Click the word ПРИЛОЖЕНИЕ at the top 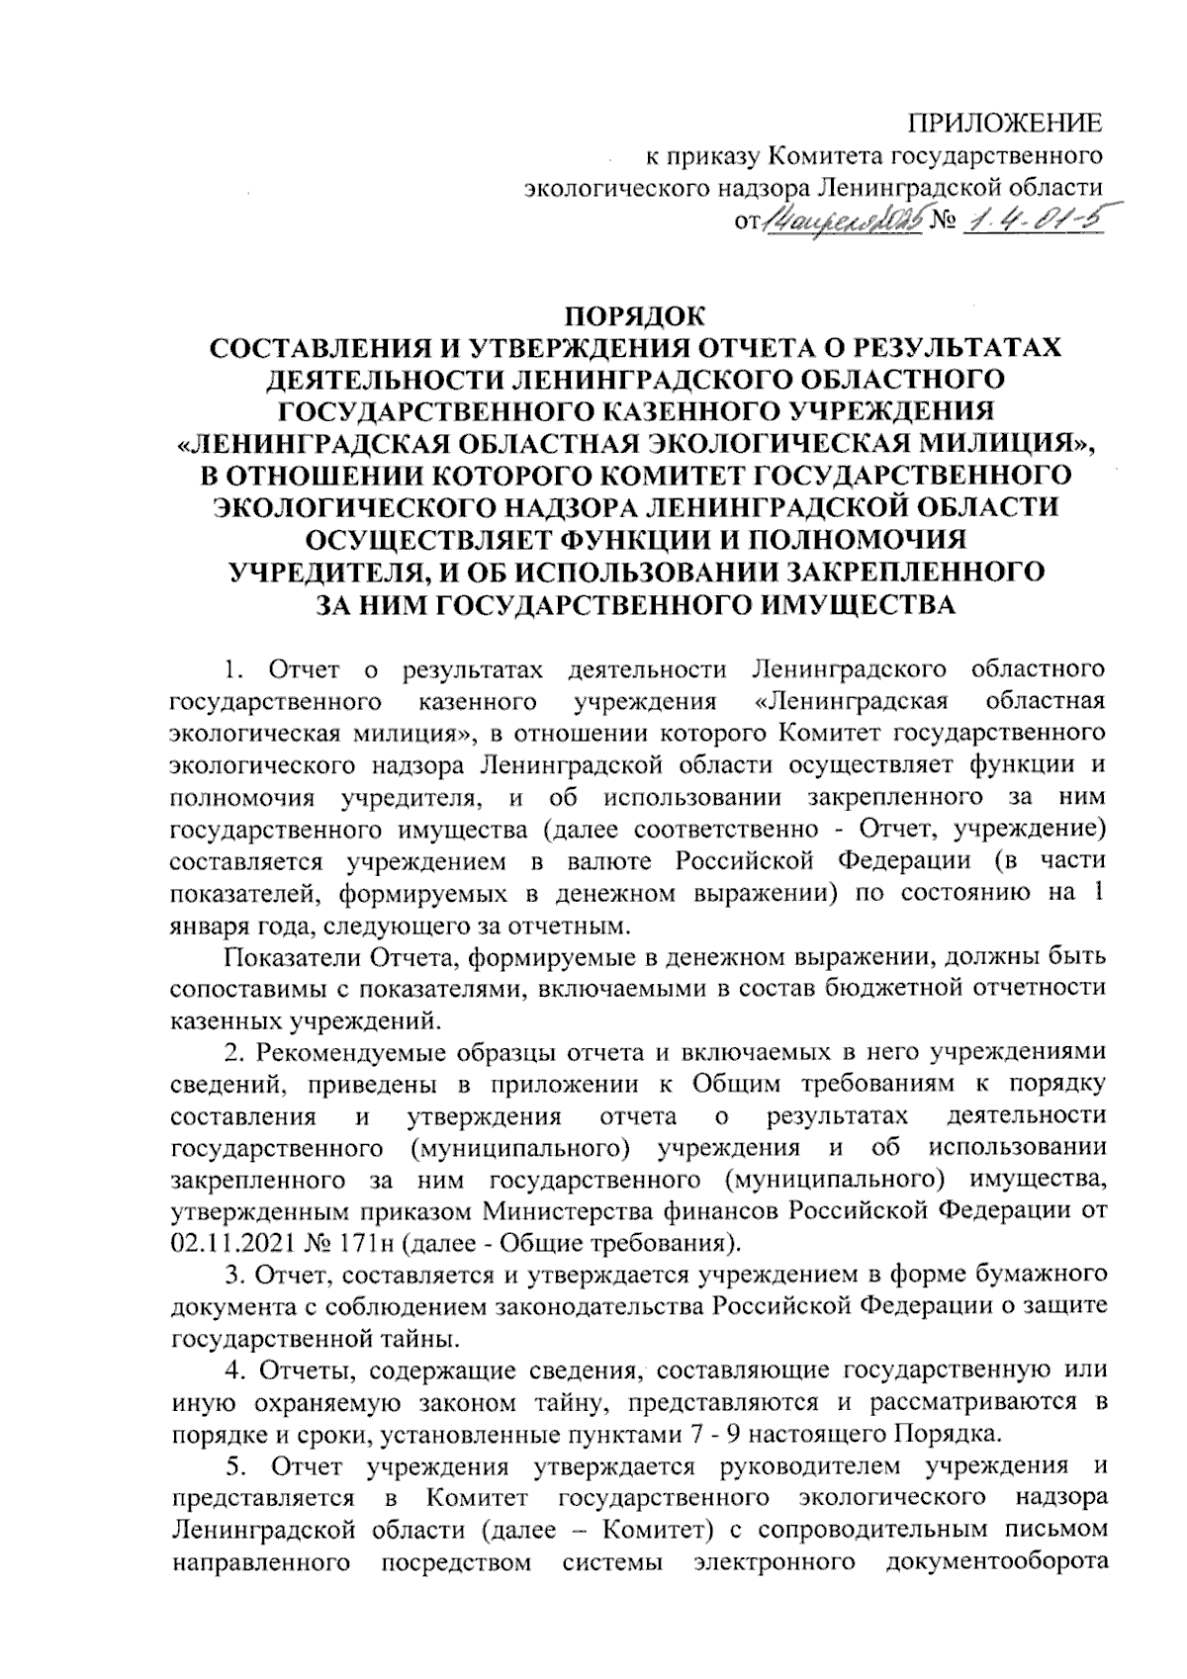pyautogui.click(x=1005, y=125)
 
